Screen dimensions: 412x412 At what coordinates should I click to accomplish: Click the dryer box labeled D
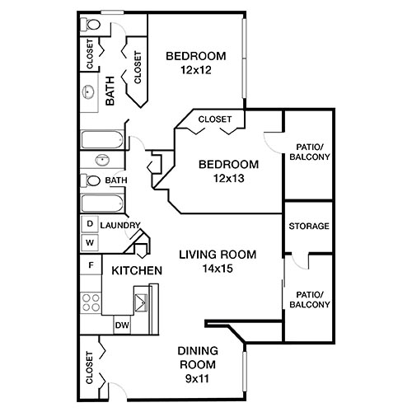click(89, 224)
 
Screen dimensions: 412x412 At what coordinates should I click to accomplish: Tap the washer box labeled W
click(89, 242)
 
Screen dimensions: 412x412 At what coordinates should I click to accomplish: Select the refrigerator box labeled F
click(89, 265)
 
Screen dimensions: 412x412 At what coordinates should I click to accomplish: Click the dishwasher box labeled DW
click(122, 325)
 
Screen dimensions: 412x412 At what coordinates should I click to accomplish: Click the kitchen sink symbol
click(143, 298)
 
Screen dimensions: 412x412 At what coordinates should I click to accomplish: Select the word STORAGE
click(308, 227)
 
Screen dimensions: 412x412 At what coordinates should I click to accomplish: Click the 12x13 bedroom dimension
click(228, 177)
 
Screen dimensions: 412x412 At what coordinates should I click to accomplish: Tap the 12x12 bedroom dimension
click(195, 70)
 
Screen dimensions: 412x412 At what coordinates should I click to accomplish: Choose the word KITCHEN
click(136, 270)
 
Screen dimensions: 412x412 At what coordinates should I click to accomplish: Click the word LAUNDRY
click(120, 226)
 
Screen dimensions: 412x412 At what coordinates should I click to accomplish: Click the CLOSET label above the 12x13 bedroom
click(216, 119)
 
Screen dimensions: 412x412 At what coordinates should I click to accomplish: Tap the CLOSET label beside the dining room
click(89, 367)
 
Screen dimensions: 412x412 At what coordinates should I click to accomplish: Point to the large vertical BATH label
click(110, 93)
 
